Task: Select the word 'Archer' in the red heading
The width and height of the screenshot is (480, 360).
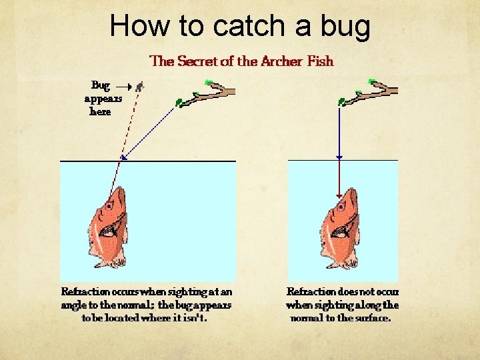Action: pyautogui.click(x=281, y=61)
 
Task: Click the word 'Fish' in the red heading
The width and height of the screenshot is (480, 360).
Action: pyautogui.click(x=320, y=61)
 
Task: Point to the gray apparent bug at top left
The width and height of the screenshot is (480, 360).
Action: pyautogui.click(x=139, y=86)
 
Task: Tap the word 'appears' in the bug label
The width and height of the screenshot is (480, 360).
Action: pyautogui.click(x=103, y=99)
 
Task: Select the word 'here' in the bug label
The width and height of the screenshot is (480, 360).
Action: pyautogui.click(x=100, y=111)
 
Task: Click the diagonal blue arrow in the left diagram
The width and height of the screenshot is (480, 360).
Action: pyautogui.click(x=149, y=130)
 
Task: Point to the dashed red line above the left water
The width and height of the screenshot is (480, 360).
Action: pyautogui.click(x=130, y=123)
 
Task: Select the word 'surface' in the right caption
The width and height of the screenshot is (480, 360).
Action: pyautogui.click(x=372, y=318)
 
